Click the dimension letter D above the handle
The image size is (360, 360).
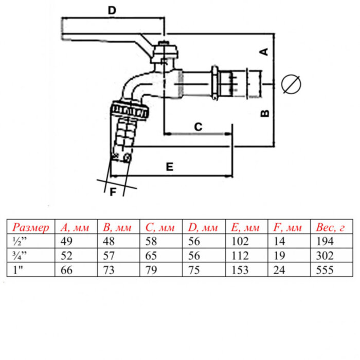click(113, 9)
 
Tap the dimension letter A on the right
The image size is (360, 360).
click(264, 51)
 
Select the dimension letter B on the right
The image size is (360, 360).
click(264, 113)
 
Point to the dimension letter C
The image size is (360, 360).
click(197, 126)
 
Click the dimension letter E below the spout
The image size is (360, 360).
click(169, 167)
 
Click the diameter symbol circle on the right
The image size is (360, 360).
click(291, 84)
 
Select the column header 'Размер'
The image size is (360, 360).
click(31, 227)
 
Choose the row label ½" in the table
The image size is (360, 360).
click(19, 241)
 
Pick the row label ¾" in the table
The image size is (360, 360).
click(19, 255)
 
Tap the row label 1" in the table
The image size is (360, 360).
click(18, 269)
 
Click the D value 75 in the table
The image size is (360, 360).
click(195, 269)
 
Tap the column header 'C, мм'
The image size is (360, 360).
click(161, 227)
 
